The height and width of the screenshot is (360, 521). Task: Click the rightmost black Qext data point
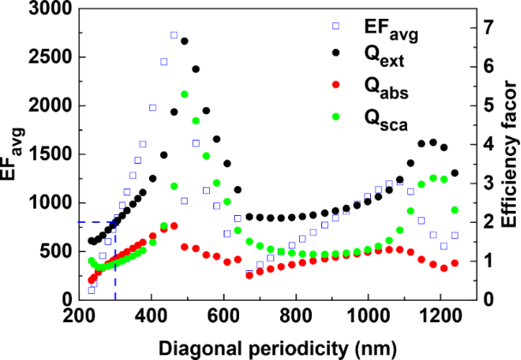455,173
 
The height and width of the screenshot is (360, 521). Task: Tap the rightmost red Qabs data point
455,263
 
